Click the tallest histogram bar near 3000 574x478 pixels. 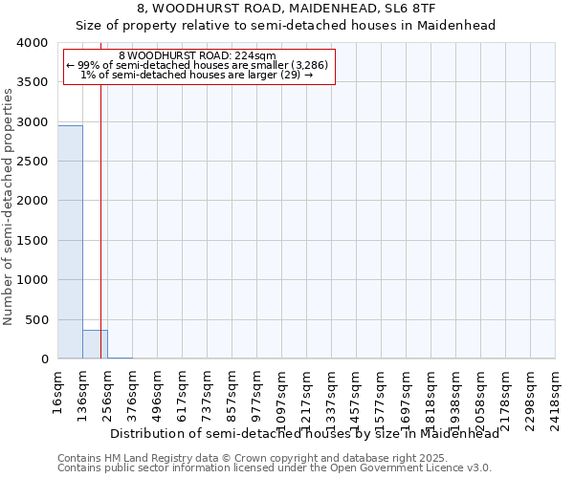(x=70, y=242)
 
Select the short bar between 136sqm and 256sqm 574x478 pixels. (x=95, y=344)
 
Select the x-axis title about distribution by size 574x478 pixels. (x=304, y=433)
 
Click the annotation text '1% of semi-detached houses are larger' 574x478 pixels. (x=197, y=75)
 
